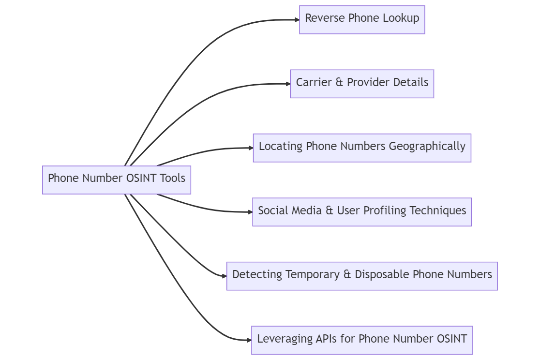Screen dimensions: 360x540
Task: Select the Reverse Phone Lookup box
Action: click(x=362, y=20)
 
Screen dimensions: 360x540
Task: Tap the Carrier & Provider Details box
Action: click(x=362, y=84)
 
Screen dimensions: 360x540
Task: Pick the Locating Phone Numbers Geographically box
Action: click(x=362, y=148)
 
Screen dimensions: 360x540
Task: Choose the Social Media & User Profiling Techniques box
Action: click(x=362, y=212)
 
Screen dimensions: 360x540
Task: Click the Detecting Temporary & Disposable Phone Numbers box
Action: click(x=362, y=276)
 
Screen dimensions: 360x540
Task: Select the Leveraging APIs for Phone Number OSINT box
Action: click(x=362, y=340)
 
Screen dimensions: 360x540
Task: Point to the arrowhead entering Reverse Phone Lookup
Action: click(x=297, y=20)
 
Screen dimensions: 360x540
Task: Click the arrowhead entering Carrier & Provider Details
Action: click(x=287, y=84)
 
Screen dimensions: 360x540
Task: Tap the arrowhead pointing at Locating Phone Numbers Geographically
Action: click(x=250, y=148)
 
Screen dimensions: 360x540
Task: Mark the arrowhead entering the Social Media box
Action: click(x=250, y=212)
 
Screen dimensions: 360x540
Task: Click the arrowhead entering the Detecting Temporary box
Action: click(x=224, y=276)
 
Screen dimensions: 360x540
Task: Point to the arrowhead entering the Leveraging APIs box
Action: click(x=249, y=340)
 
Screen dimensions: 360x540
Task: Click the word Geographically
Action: click(x=427, y=147)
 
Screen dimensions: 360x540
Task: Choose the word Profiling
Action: click(x=385, y=211)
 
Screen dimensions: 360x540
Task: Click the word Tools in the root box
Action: click(x=173, y=179)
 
